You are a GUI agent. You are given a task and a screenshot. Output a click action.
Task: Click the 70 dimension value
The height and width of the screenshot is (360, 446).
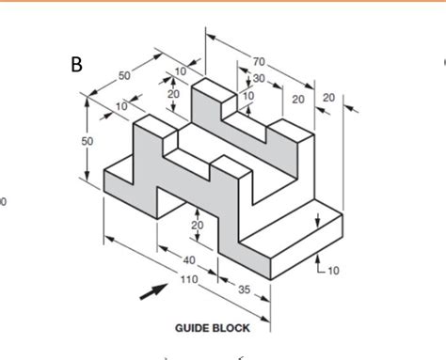[x=259, y=63]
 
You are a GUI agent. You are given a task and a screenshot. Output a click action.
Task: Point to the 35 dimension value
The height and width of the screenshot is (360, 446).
[x=245, y=289]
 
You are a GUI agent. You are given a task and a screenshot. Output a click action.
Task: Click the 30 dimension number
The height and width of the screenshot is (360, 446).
[x=258, y=79]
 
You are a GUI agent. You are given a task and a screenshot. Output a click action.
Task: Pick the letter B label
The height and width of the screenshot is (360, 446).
[x=76, y=65]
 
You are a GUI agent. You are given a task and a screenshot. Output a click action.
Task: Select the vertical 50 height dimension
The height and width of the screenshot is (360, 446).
[x=88, y=140]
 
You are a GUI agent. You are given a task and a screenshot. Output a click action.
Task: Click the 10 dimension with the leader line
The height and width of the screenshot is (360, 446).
[x=334, y=270]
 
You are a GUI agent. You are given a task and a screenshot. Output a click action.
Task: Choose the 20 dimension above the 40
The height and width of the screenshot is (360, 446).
[x=198, y=226]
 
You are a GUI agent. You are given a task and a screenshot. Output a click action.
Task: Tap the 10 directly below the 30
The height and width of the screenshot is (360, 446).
[x=248, y=95]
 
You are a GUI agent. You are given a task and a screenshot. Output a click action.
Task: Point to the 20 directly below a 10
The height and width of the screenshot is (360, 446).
[x=173, y=94]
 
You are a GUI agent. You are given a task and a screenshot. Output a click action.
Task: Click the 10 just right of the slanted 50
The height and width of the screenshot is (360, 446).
[x=180, y=70]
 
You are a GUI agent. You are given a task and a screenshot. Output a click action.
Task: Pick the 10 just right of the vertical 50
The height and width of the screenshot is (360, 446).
[x=121, y=106]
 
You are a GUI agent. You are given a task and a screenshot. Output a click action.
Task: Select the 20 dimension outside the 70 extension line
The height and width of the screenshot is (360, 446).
[x=328, y=98]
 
